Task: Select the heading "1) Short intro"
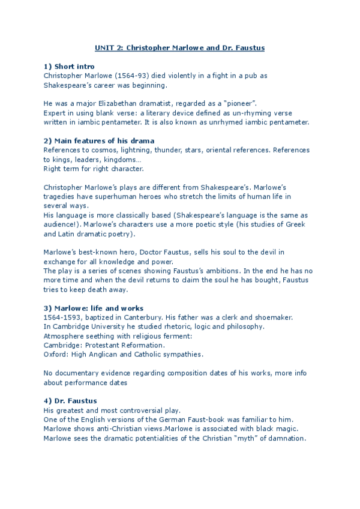click(69, 66)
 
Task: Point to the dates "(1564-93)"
click(119, 76)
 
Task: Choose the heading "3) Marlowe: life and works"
click(94, 308)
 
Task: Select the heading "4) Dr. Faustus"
click(70, 400)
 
